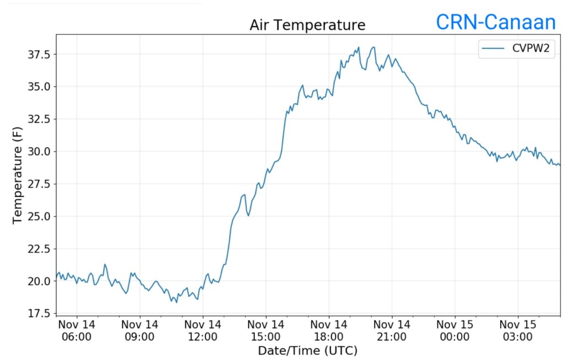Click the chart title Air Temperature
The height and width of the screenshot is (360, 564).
pos(307,25)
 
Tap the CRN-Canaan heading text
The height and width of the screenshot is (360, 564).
pos(496,22)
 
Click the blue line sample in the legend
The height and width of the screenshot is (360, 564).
pos(493,50)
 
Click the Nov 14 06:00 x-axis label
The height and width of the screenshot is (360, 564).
pos(77,330)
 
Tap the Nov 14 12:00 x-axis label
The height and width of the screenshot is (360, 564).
pos(203,330)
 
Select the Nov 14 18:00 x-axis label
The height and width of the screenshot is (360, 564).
pos(329,330)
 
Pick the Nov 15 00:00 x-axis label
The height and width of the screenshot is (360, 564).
pos(455,330)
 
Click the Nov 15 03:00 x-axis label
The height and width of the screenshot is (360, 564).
pos(518,330)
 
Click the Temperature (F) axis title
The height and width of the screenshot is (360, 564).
pos(18,174)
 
